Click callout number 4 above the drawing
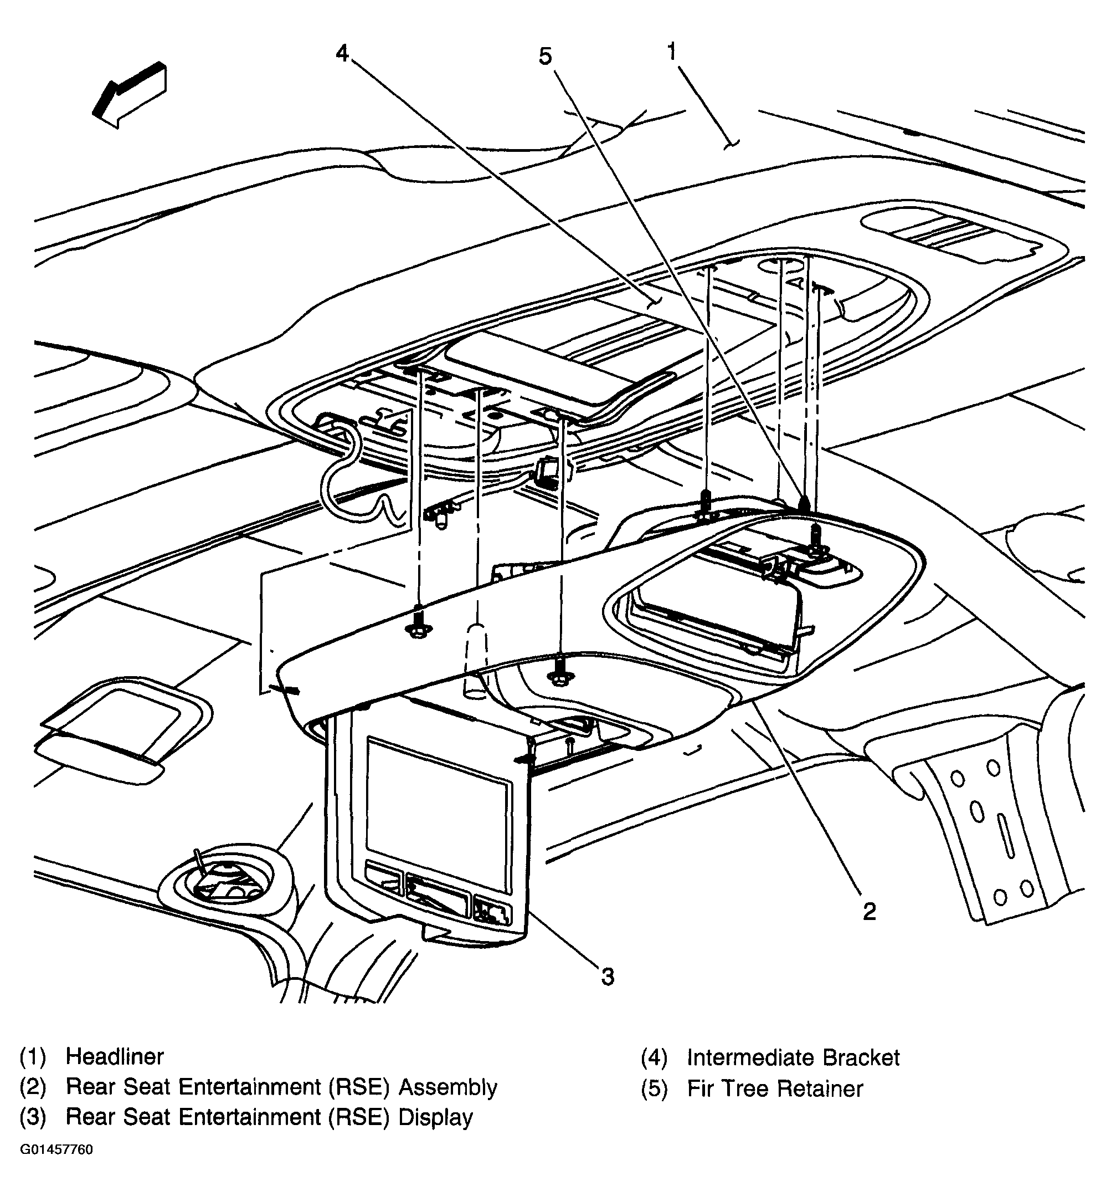pos(342,54)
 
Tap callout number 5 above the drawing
pos(544,57)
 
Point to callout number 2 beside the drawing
pos(869,912)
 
